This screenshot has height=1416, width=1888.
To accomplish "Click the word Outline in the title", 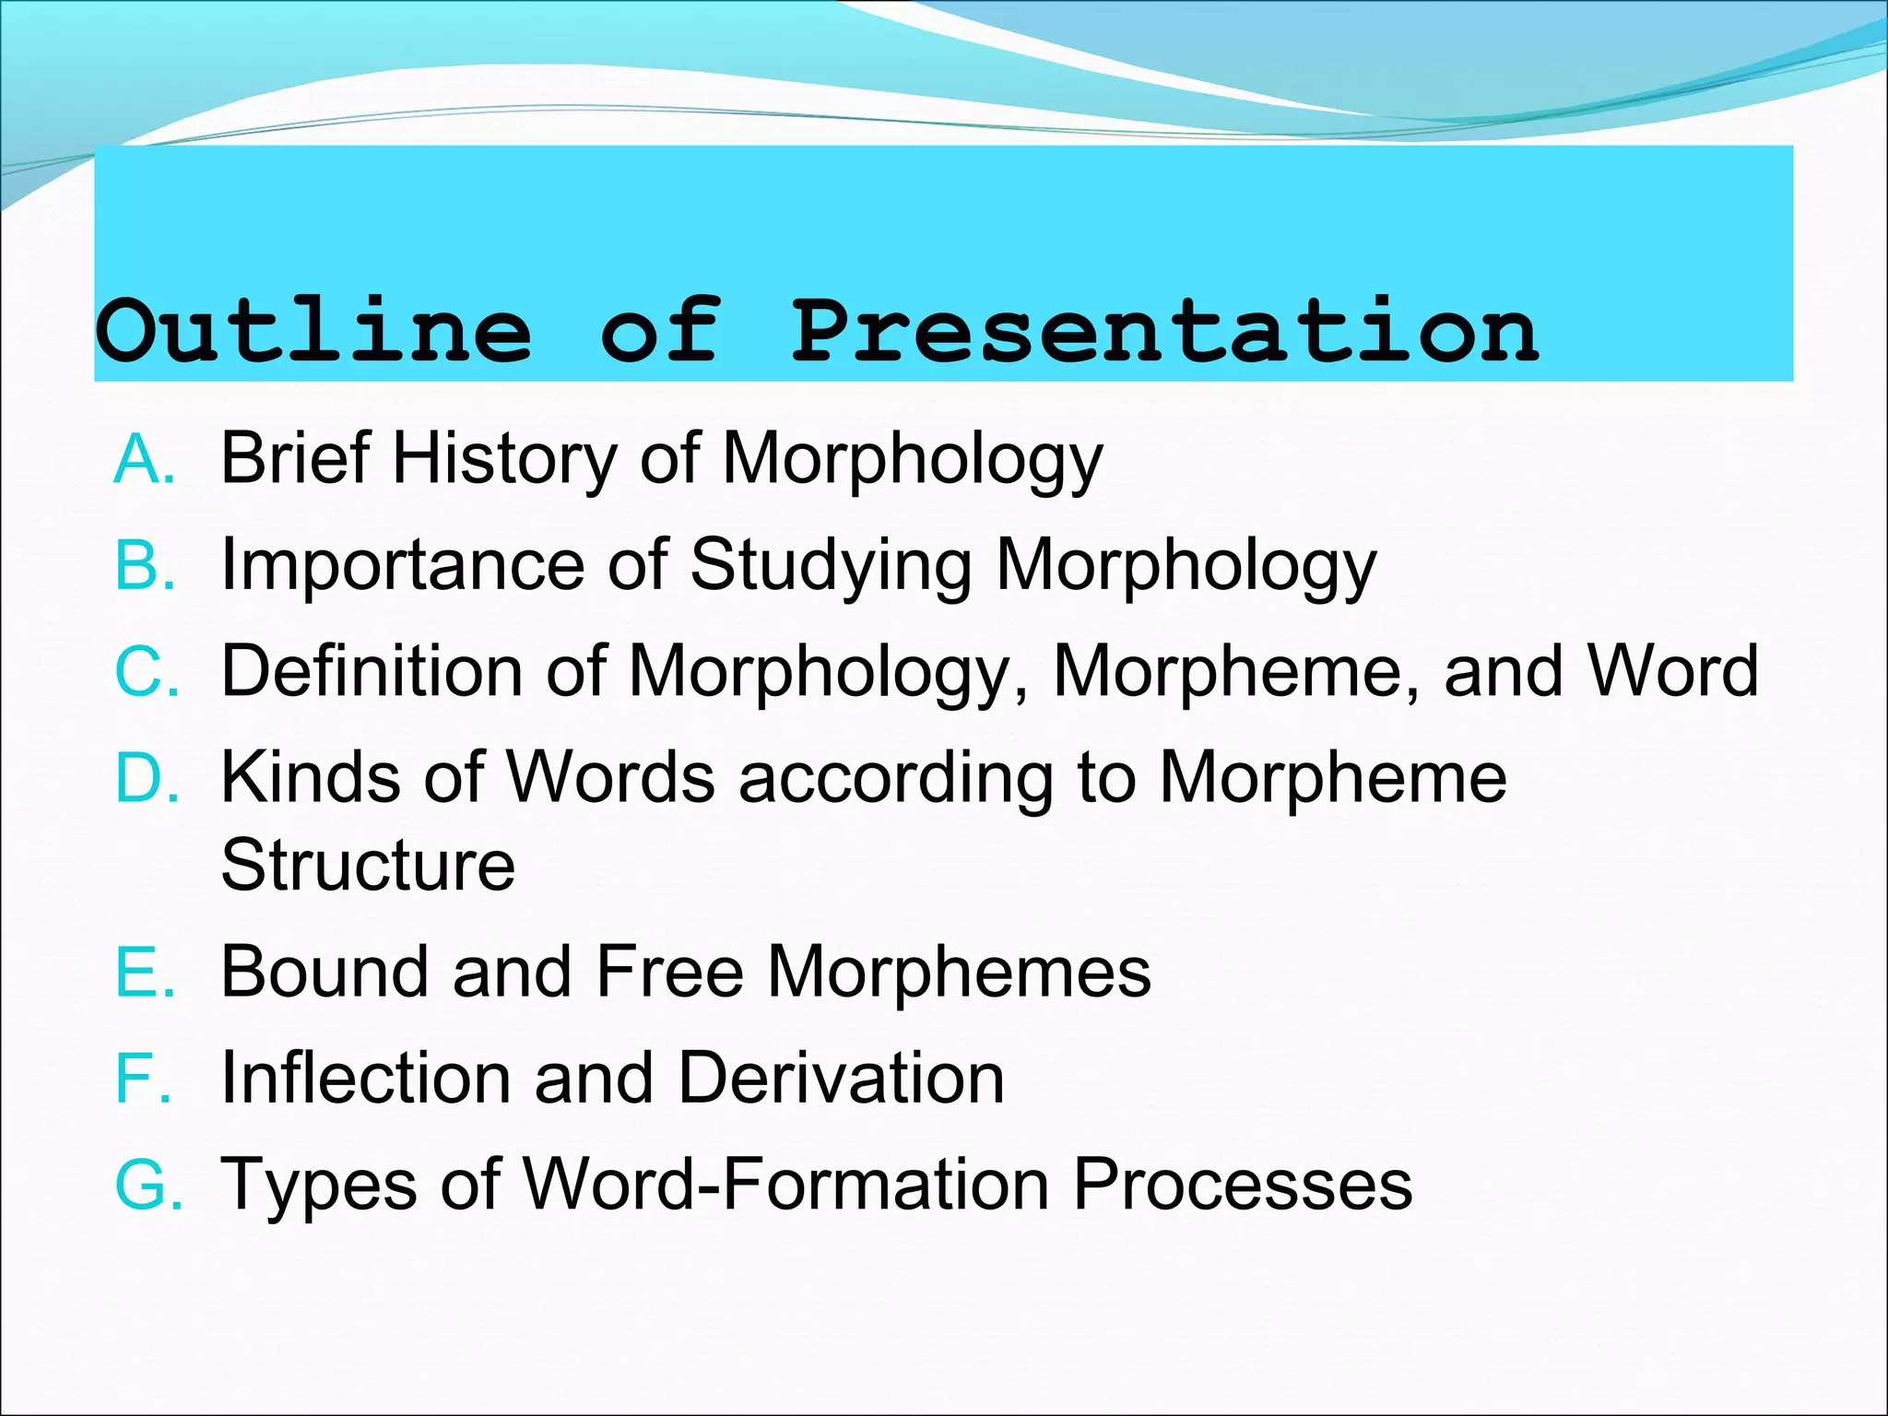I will point(313,330).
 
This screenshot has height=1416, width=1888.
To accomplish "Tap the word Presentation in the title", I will point(1165,330).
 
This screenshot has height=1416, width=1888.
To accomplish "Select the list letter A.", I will point(143,458).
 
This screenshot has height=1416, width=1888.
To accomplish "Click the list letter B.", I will point(144,564).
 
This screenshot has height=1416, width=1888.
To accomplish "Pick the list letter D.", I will point(146,777).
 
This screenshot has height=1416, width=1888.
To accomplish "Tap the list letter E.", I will point(144,972).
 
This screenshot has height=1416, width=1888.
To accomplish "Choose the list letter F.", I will point(142,1078).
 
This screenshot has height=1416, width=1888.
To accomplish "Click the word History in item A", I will point(504,458).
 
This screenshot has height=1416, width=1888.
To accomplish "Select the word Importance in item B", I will point(403,564).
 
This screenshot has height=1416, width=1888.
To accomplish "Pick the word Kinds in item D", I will point(311,777).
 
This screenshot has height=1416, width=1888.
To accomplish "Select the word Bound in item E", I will point(324,972).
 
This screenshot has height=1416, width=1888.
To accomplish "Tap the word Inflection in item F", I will point(365,1078).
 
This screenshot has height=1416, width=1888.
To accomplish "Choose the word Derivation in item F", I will point(841,1078).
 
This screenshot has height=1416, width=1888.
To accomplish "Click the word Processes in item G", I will point(1242,1185).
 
